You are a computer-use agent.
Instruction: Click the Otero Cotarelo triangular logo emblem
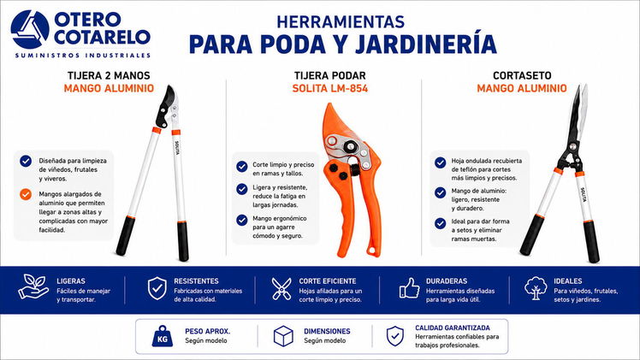click(30, 29)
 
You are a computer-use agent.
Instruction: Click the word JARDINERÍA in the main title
click(426, 44)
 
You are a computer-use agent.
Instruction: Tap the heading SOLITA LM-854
click(329, 88)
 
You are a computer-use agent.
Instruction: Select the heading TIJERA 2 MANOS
click(109, 75)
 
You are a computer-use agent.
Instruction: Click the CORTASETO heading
click(522, 75)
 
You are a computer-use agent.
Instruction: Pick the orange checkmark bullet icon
click(26, 194)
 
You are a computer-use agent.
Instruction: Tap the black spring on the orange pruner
click(355, 167)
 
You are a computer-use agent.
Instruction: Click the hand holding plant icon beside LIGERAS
click(33, 286)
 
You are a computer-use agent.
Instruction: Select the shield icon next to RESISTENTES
click(157, 288)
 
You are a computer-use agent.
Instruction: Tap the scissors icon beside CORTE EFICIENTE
click(281, 289)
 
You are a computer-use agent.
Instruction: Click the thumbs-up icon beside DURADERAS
click(409, 288)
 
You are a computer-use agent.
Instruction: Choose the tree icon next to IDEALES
click(536, 288)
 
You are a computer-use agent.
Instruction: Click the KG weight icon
click(163, 336)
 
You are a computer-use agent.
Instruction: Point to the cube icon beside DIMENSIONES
click(283, 336)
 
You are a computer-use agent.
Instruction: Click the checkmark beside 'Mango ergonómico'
click(242, 220)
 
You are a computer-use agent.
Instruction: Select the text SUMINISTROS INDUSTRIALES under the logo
click(83, 55)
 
